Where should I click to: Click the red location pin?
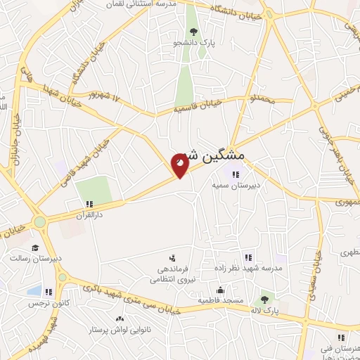[180, 165]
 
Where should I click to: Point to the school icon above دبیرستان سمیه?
[236, 174]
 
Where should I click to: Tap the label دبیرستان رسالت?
[36, 258]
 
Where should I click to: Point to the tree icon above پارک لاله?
[265, 300]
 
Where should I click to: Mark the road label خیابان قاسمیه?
[198, 105]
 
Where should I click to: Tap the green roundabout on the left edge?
[39, 222]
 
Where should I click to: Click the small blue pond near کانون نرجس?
[33, 290]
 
